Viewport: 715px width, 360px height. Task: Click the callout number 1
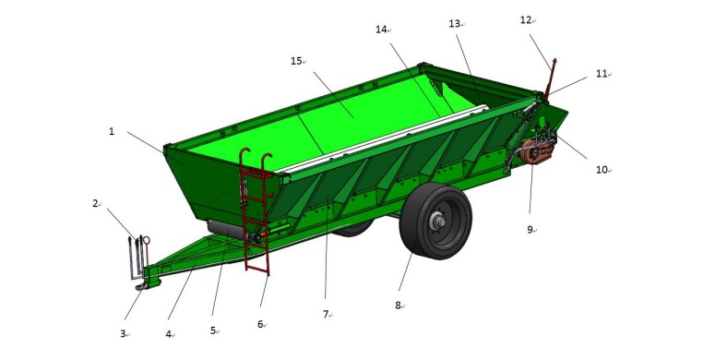112,131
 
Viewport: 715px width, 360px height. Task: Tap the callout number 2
95,203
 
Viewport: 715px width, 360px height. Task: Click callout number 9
530,230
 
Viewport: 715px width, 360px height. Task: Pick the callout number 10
601,170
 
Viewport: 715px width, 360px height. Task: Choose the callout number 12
526,20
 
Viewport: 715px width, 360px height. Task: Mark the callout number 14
381,30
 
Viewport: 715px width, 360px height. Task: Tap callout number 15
296,61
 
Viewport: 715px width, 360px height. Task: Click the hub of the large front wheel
439,222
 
